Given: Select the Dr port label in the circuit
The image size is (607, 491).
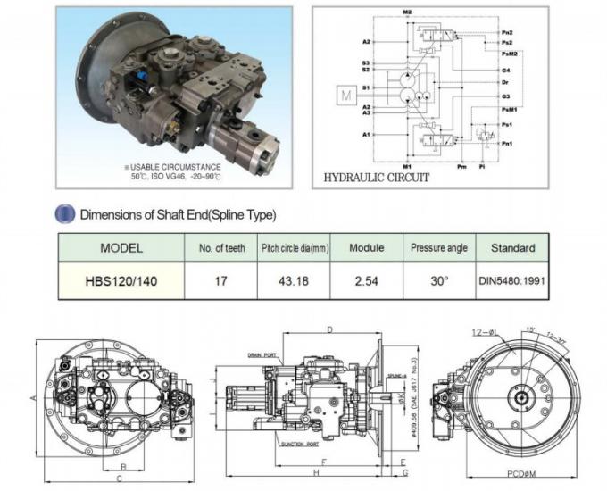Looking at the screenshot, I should [x=505, y=82].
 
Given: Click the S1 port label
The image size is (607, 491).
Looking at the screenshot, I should [x=366, y=88].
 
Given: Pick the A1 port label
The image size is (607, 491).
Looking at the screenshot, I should [x=366, y=135].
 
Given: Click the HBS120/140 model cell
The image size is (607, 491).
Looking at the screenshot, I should [x=121, y=280].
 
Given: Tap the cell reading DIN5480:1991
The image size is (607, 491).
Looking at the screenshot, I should [x=513, y=280].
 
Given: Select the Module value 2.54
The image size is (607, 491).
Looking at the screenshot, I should [x=366, y=280].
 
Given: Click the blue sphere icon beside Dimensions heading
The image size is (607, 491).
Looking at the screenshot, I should [x=65, y=214].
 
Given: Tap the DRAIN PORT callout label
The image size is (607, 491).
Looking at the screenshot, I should [x=264, y=354].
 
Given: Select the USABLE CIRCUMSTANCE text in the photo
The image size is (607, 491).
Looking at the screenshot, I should [x=170, y=167].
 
